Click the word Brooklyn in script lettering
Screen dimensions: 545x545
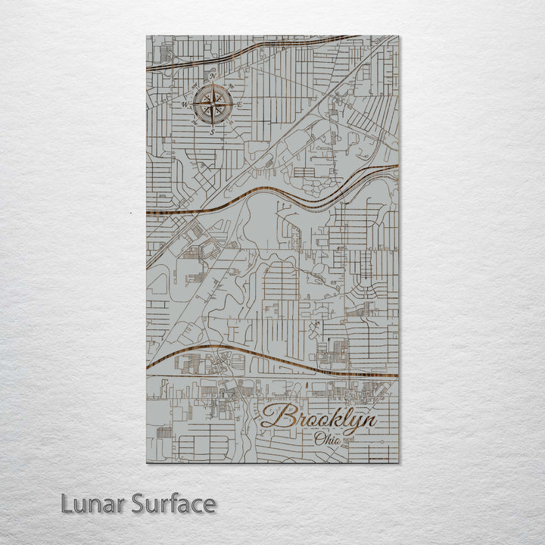point(318,419)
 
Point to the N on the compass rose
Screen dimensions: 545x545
point(213,76)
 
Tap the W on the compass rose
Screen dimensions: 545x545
point(184,103)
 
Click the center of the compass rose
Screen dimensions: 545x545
point(213,104)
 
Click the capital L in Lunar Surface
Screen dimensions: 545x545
point(67,503)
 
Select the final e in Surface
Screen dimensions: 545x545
point(209,506)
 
